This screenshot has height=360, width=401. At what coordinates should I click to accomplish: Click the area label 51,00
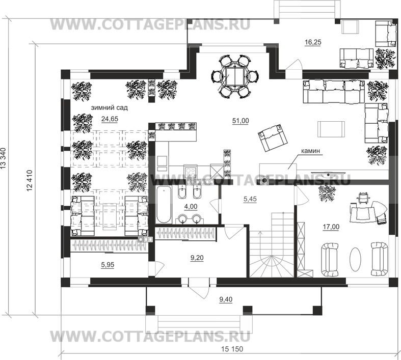click(x=240, y=121)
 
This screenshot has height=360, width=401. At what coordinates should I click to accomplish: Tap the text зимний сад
click(x=109, y=108)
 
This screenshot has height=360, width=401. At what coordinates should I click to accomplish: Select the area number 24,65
click(x=110, y=119)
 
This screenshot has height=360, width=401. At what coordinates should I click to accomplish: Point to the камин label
click(x=310, y=151)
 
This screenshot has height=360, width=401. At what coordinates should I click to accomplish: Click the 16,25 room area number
click(x=313, y=42)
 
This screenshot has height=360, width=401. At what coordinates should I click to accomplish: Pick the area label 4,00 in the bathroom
click(x=191, y=206)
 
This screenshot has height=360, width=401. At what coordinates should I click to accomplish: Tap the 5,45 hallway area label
click(x=250, y=199)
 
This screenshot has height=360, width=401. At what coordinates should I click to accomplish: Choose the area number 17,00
click(x=331, y=227)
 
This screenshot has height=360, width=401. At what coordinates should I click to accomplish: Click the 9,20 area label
click(x=197, y=258)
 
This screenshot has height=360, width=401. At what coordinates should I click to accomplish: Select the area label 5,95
click(x=108, y=265)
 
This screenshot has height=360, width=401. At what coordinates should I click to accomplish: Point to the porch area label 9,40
click(x=226, y=299)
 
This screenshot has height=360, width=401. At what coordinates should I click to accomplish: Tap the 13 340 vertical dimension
click(x=4, y=158)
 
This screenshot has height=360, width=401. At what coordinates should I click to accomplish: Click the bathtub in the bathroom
click(x=164, y=205)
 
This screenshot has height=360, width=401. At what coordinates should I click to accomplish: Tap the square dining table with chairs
click(x=234, y=76)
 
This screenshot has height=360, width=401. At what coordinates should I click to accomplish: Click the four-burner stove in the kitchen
click(x=191, y=172)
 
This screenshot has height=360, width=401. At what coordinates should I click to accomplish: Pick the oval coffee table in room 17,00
click(x=355, y=259)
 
